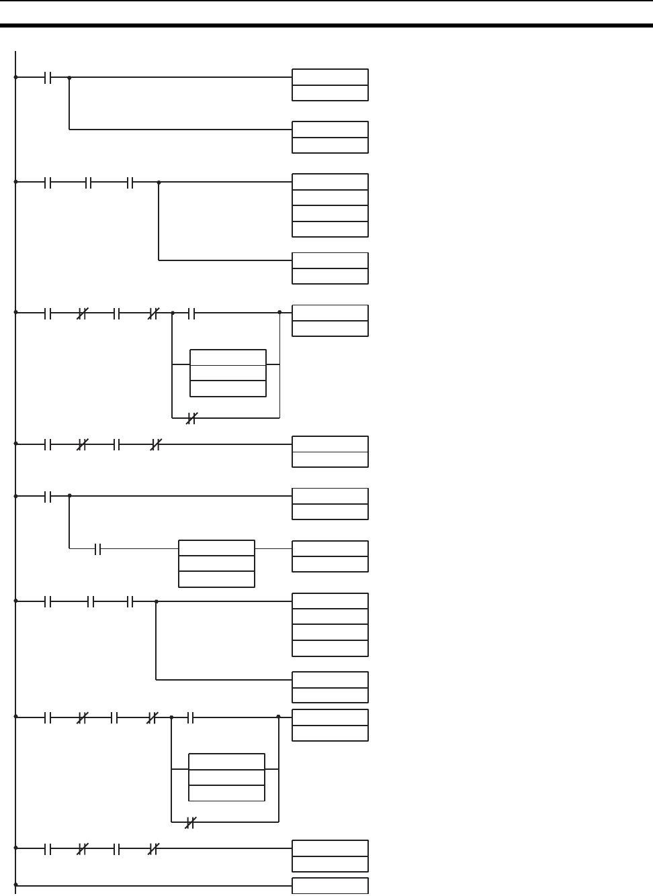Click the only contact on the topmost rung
pos(48,77)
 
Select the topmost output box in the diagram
pos(330,85)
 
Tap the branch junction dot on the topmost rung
pos(69,77)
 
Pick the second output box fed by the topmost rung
pos(330,137)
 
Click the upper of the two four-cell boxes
pos(330,205)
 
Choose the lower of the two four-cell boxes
pos(330,624)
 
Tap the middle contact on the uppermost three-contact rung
pos(89,182)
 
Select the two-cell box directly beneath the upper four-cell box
pos(330,268)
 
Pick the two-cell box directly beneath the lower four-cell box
pos(330,687)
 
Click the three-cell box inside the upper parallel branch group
pos(228,372)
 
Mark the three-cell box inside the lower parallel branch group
pos(226,777)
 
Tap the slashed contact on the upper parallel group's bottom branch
pos(190,418)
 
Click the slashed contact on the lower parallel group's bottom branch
pos(189,822)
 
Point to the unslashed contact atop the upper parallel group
pos(191,312)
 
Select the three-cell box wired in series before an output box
pos(216,564)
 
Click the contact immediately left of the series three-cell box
pos(97,549)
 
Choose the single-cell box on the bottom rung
pos(330,886)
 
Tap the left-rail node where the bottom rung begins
pos(15,885)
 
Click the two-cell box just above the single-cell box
pos(330,856)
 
